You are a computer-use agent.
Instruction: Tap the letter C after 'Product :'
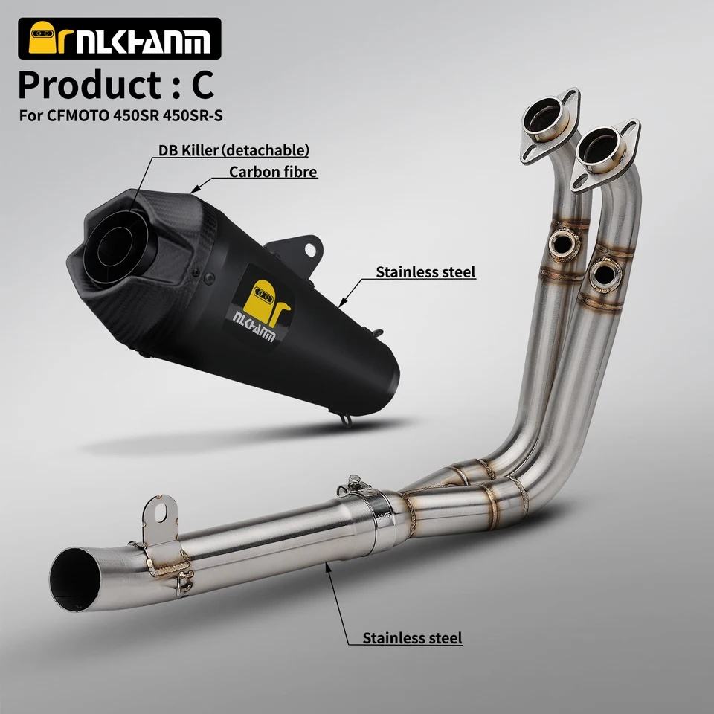click(202, 86)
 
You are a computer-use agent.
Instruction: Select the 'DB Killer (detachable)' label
click(233, 149)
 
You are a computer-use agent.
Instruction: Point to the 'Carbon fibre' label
click(273, 172)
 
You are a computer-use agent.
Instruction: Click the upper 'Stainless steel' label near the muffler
click(425, 272)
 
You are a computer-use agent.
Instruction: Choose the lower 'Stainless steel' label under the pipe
click(412, 638)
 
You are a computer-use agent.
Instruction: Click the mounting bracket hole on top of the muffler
click(311, 250)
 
